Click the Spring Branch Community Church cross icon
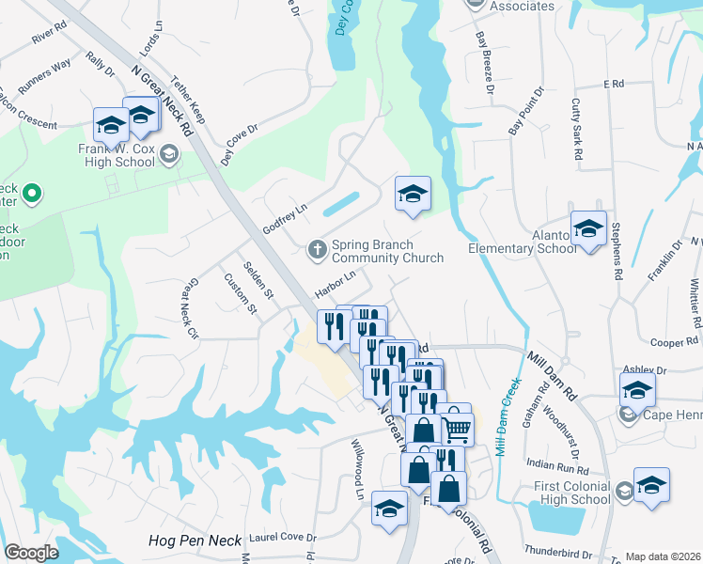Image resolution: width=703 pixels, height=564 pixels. click(318, 249)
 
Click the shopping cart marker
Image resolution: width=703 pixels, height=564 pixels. click(457, 428)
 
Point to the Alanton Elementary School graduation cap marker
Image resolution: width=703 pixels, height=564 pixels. click(588, 229)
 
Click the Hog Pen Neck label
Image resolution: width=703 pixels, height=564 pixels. click(195, 540)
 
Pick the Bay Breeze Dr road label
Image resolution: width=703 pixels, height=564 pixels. click(485, 54)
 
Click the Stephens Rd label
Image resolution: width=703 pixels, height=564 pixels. click(617, 252)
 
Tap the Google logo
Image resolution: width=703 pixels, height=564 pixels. click(31, 553)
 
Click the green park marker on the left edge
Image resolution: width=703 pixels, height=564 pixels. click(32, 196)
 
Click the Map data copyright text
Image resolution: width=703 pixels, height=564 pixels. click(662, 556)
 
